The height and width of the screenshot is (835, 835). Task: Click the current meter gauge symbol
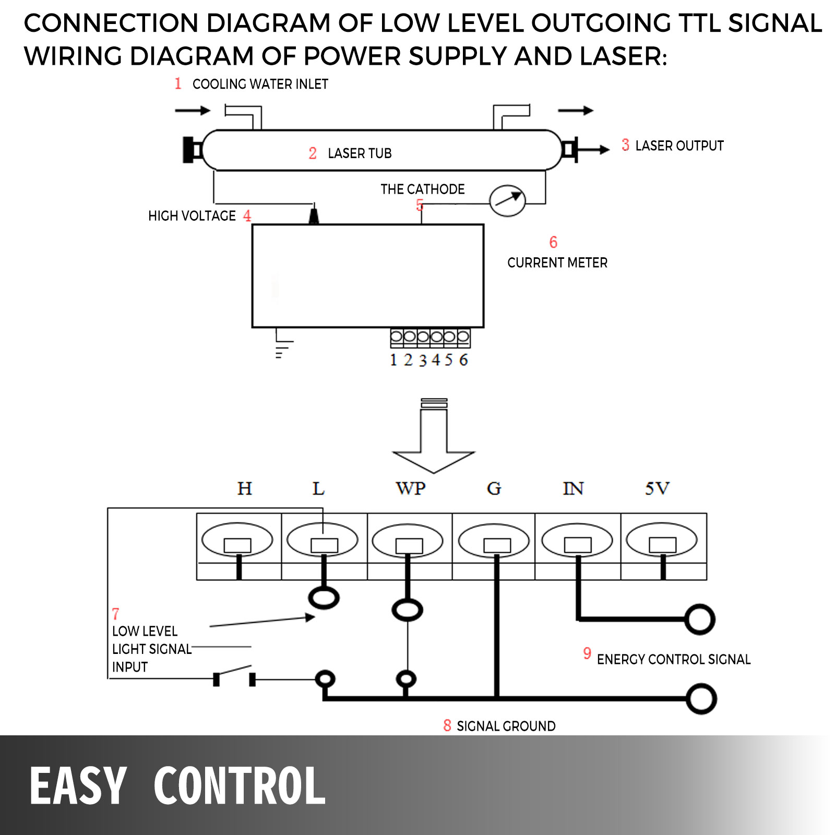click(507, 200)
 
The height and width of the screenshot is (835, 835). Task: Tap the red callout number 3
click(625, 145)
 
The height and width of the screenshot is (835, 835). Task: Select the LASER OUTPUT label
click(679, 146)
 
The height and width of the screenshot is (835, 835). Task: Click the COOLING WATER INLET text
click(260, 84)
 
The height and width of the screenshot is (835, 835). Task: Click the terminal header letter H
click(244, 488)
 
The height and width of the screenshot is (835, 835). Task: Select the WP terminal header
click(410, 488)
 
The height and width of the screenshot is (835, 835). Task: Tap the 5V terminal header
click(657, 488)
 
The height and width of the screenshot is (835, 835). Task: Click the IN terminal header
click(573, 488)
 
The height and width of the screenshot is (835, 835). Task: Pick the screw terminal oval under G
click(494, 541)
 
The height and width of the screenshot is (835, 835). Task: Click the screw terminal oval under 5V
click(662, 541)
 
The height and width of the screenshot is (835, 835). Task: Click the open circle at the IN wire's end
click(699, 619)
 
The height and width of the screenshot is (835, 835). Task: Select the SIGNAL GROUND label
click(506, 726)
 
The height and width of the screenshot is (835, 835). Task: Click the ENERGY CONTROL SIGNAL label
click(673, 659)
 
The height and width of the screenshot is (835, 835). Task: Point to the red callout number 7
click(115, 614)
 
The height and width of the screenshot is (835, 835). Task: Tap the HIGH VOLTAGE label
click(192, 216)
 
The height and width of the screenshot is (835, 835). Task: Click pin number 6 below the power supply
click(463, 360)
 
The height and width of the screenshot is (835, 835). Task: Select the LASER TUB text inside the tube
click(360, 153)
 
